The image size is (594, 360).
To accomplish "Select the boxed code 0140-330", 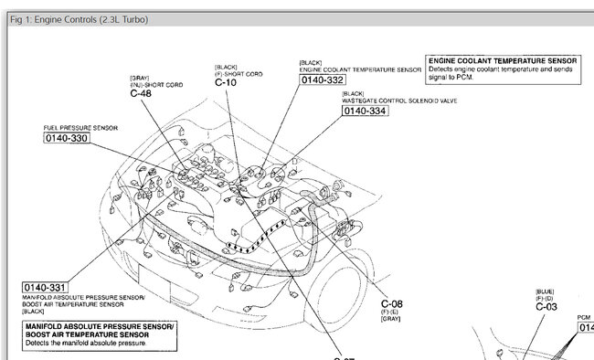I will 67,138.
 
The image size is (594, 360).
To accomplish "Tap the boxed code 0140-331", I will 46,286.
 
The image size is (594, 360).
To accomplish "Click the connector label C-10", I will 227,83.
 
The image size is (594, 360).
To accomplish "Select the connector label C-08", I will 391,303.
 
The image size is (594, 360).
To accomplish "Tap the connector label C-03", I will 546,307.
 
